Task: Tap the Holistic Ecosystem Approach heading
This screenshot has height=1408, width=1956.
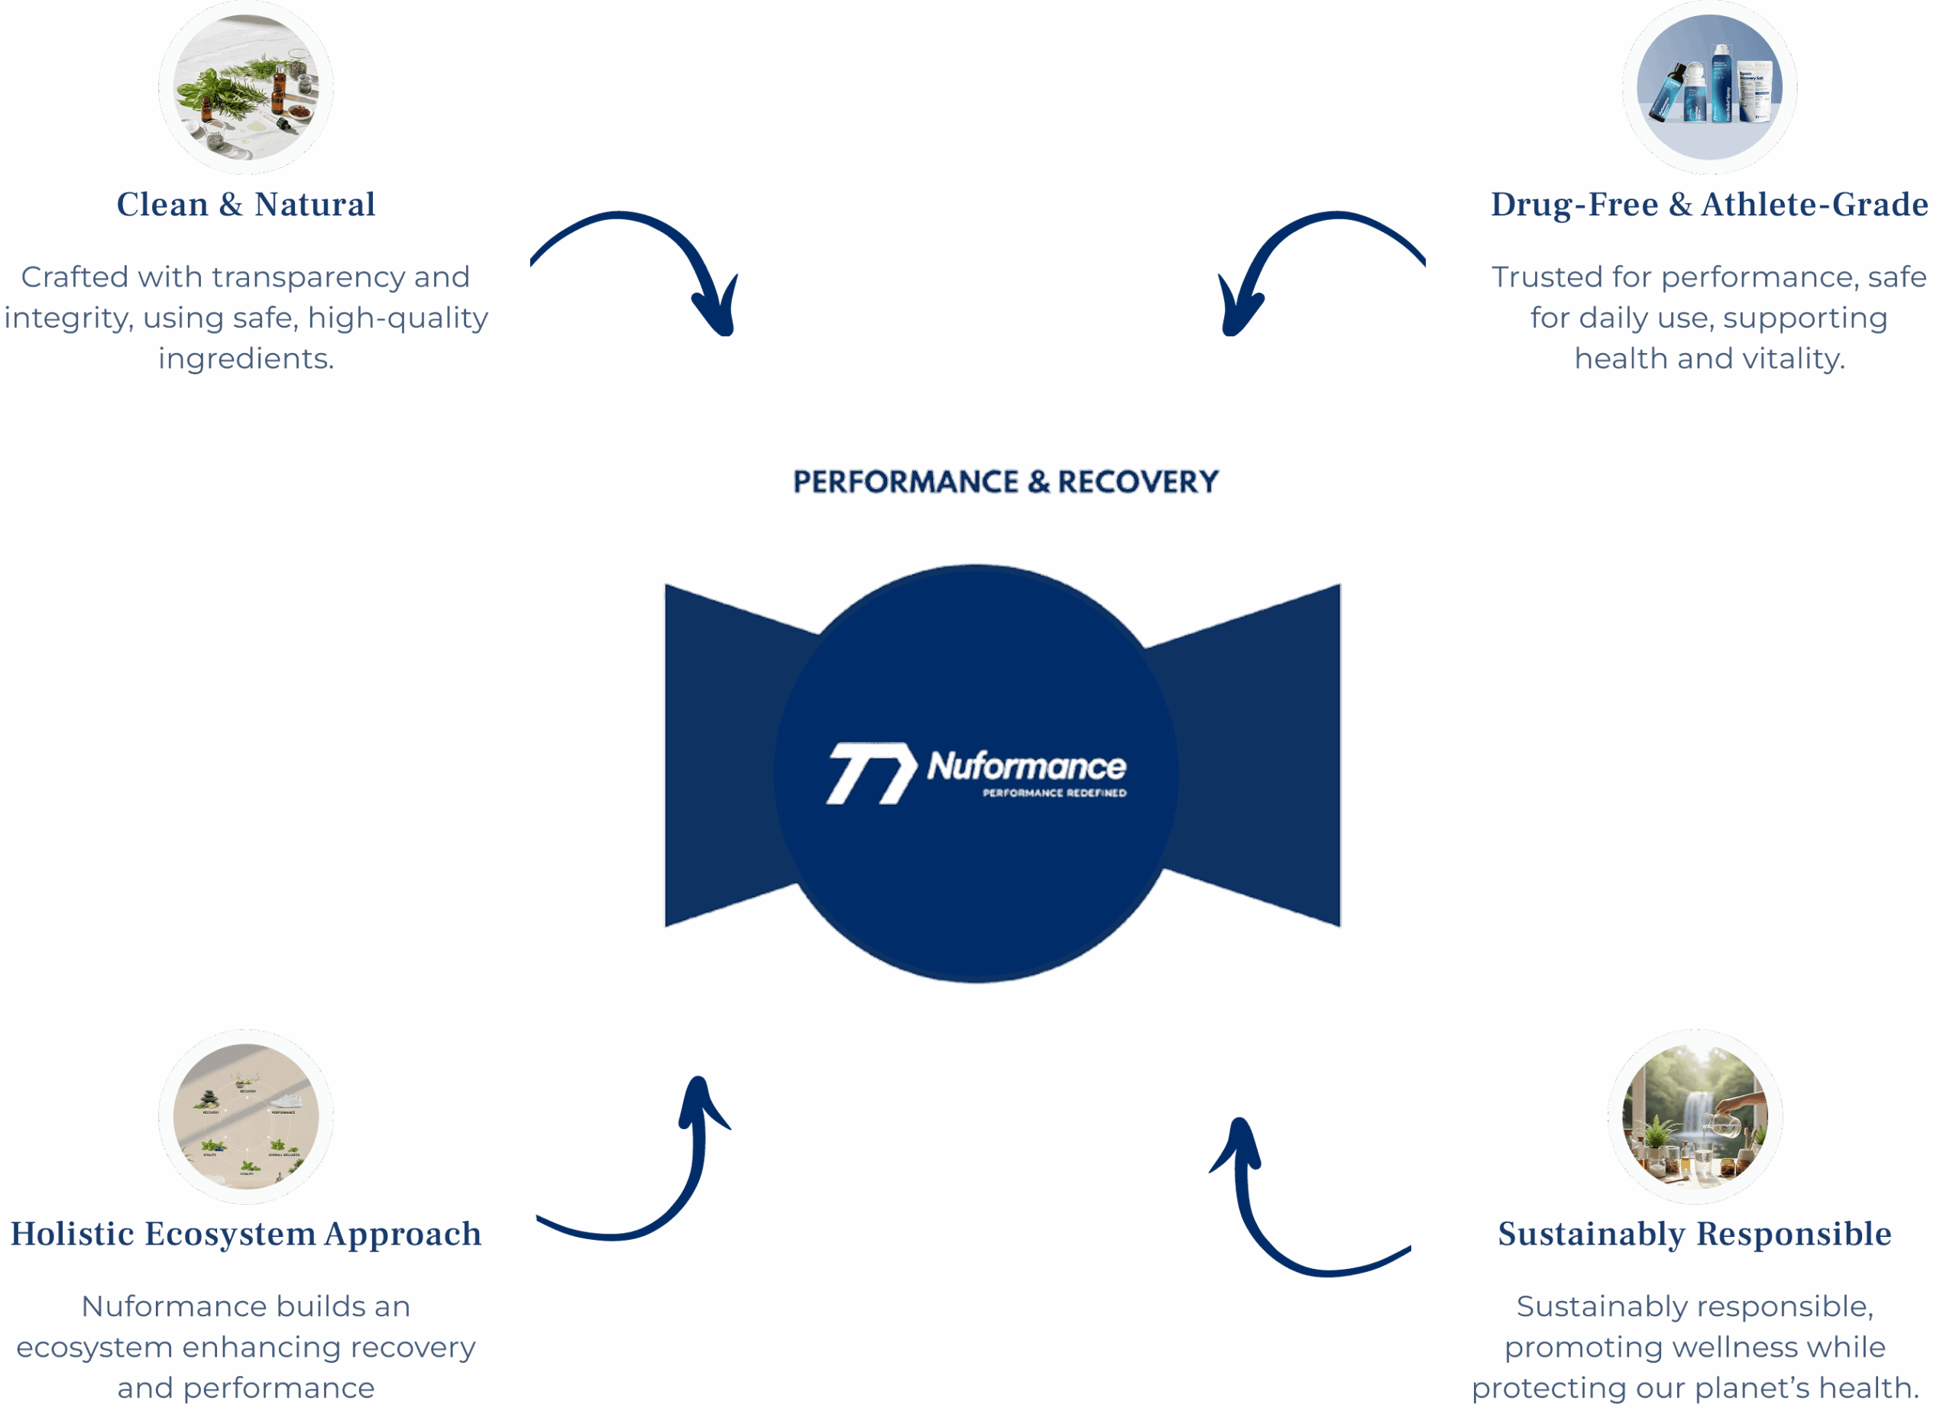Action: tap(246, 1234)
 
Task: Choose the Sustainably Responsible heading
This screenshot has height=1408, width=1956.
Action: tap(1695, 1234)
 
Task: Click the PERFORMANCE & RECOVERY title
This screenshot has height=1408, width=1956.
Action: tap(1006, 482)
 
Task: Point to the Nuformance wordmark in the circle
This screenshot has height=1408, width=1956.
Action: tap(1026, 765)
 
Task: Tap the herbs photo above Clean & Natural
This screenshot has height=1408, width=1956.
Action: tap(246, 87)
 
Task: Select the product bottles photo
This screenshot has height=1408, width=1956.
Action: tap(1708, 87)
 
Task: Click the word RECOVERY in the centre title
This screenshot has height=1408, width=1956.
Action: tap(1138, 482)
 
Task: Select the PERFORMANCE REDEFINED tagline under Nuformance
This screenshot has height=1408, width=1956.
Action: tap(1054, 792)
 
